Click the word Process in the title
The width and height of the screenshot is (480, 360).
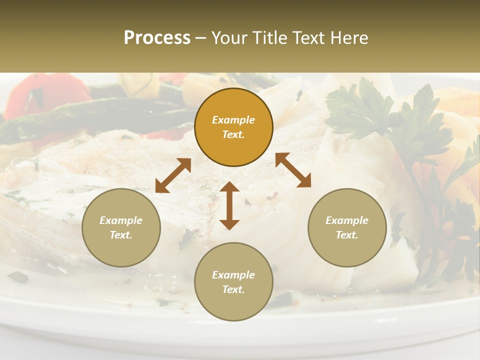157,38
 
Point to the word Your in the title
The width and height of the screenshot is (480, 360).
229,38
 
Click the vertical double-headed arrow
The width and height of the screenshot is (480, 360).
229,205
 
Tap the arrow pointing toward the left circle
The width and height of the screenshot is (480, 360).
173,175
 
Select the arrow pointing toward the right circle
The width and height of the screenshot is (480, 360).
293,170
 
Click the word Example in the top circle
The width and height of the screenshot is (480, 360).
233,120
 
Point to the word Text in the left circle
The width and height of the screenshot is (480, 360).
121,235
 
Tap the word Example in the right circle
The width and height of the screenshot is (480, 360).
347,220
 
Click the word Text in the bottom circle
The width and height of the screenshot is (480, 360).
233,289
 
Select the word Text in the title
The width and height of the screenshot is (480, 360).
310,38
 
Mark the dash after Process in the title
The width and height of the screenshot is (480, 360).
201,38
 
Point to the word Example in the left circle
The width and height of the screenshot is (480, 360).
121,220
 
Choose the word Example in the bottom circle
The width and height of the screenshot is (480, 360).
233,275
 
